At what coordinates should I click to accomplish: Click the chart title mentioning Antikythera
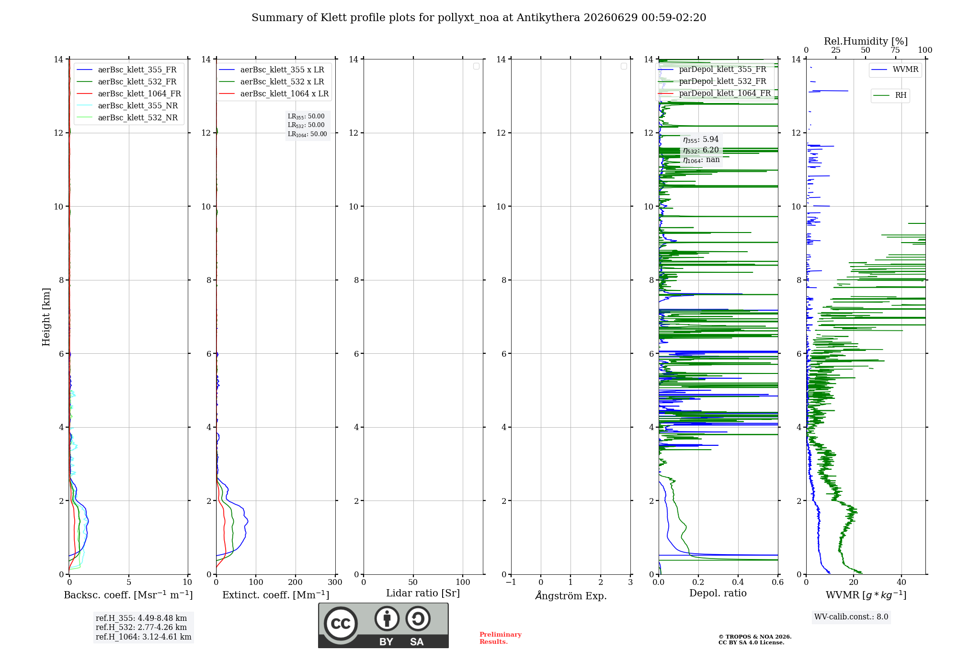tap(479, 18)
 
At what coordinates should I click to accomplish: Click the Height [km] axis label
tap(46, 317)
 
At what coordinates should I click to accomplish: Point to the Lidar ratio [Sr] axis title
tap(423, 593)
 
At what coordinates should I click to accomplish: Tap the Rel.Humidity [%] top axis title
tap(866, 41)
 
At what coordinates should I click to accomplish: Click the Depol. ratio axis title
tap(718, 593)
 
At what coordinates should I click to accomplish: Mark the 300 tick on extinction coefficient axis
tap(335, 582)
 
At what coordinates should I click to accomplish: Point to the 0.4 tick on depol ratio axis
tap(738, 582)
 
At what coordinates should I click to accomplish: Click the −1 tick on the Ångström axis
tap(511, 582)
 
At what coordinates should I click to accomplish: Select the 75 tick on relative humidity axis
tap(895, 50)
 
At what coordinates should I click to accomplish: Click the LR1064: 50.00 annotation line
tap(308, 134)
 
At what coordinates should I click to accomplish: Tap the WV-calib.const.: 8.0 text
tap(851, 617)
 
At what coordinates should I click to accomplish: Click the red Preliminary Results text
tap(501, 638)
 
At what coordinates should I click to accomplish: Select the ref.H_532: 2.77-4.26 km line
tap(141, 627)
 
